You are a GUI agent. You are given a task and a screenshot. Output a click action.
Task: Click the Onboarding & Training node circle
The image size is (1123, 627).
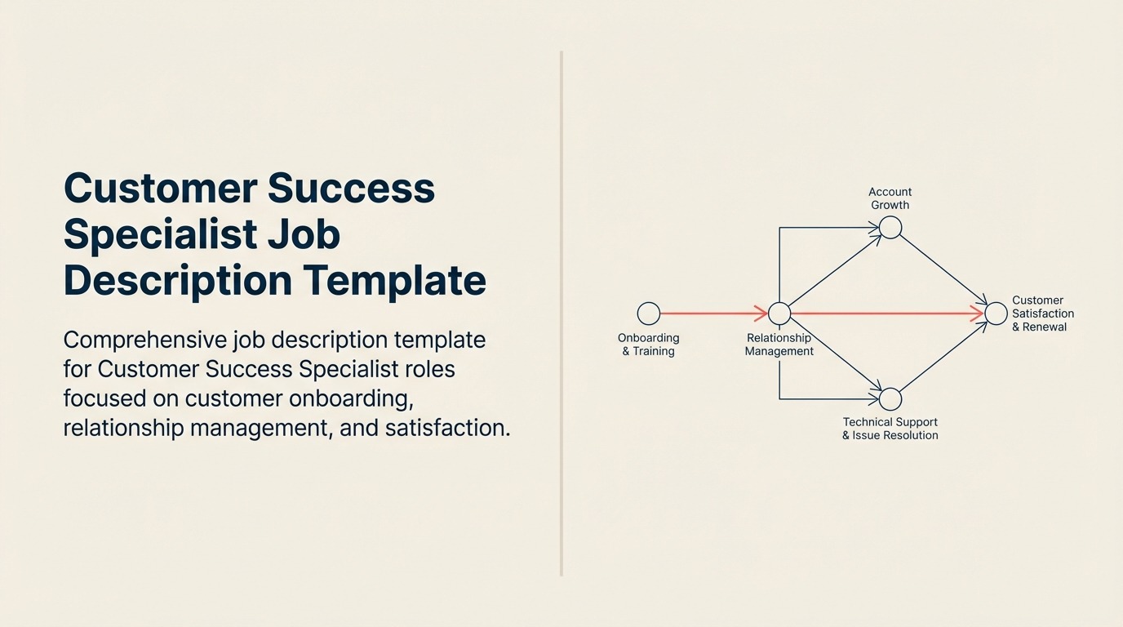pos(649,313)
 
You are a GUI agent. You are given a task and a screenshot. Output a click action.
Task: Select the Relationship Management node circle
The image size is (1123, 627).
pos(779,313)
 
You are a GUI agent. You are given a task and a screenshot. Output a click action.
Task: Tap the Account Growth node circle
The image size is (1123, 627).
pos(890,228)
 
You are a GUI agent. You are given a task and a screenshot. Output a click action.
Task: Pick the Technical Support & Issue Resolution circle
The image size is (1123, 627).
pos(890,399)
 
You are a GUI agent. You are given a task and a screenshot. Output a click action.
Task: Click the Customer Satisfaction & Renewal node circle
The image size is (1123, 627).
pos(996,313)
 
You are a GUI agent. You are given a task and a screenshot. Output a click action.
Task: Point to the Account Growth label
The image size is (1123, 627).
pos(890,198)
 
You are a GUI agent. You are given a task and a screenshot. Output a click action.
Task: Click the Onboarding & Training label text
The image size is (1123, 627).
pos(649,345)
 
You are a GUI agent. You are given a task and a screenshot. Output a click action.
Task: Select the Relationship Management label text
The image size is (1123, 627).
pos(779,345)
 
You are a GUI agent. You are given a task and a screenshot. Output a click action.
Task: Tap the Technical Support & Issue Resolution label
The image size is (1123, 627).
pos(890,429)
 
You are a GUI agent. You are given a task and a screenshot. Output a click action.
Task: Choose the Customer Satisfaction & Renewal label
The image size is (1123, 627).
pos(1043,313)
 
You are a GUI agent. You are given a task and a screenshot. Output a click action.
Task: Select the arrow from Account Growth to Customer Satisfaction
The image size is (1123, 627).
pos(943,270)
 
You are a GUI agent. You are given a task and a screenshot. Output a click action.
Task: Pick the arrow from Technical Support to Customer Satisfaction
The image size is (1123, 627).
pos(943,357)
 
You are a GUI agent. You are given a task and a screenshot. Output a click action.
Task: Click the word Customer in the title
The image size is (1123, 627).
pos(158,188)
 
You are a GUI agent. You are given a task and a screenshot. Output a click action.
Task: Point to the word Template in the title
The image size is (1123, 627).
pos(395,280)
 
